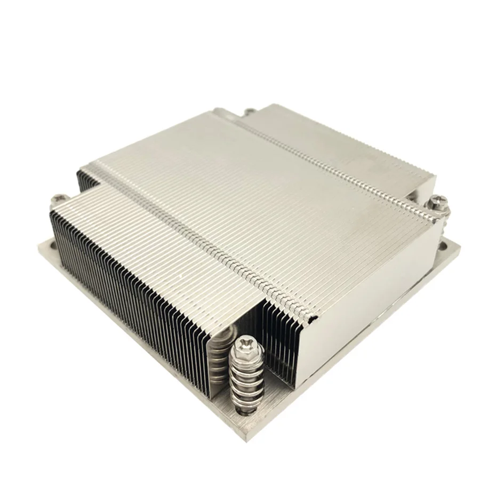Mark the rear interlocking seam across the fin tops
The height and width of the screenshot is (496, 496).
click(331, 160)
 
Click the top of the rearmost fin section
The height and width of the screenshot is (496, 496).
click(341, 139)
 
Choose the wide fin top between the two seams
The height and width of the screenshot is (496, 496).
click(267, 203)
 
